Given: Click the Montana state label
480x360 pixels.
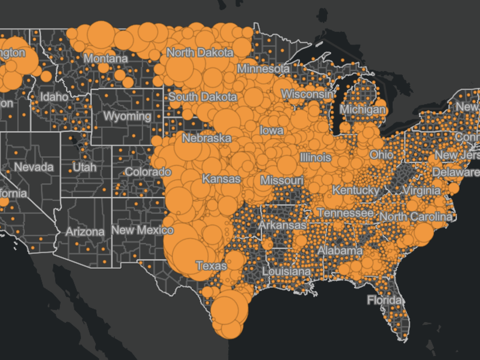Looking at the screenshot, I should pos(105,58).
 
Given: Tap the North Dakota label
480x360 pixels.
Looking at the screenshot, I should pos(199,52).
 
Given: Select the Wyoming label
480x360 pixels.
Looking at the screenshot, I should pos(127,116).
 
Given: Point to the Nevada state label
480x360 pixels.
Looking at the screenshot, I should pos(34,167).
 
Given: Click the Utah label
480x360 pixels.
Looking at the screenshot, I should pos(85,167).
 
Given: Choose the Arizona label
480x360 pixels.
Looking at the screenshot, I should pos(85,232).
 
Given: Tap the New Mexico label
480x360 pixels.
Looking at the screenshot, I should pos(142,230).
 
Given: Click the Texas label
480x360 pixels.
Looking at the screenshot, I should pos(211,266).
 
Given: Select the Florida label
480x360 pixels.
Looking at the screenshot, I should pos(384,300).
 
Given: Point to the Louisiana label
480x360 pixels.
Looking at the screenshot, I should pos(286,271).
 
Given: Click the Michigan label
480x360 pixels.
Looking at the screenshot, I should pos(362,109).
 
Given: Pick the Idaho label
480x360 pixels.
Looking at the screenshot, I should pos(54,97).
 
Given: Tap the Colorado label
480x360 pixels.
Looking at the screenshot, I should pos(148,172).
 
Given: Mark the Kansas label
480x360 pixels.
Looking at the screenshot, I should pos(221,179).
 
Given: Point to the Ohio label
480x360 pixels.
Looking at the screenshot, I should pos(381,154).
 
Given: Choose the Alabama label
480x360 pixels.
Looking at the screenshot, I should pos(340,250).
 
